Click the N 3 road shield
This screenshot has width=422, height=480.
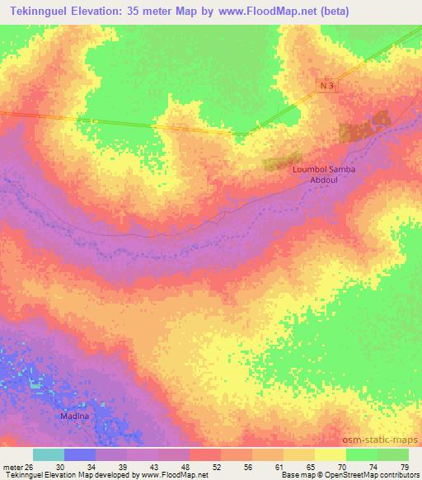[x=327, y=86]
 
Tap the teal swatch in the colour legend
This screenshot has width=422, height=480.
[x=49, y=454]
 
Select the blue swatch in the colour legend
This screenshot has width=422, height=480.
[x=80, y=454]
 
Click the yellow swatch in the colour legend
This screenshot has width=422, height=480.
[x=330, y=454]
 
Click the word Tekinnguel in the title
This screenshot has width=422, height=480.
[x=39, y=12]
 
